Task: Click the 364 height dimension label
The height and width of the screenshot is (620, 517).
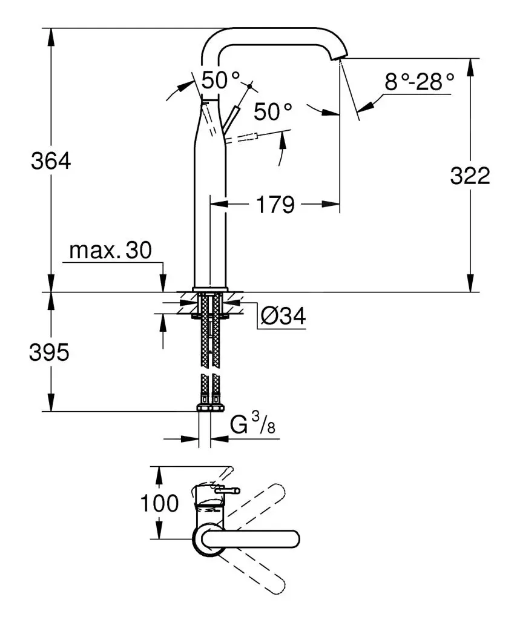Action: [51, 161]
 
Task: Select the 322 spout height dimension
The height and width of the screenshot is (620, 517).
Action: [470, 176]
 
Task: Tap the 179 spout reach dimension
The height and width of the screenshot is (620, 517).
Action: [274, 205]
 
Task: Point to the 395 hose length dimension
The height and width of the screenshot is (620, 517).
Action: [49, 353]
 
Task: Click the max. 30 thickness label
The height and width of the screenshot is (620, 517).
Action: [110, 250]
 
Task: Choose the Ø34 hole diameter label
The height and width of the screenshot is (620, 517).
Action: [283, 315]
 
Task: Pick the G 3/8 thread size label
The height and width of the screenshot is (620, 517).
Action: [253, 426]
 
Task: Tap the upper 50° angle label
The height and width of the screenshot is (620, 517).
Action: [220, 79]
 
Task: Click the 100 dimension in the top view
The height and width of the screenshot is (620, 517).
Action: [159, 503]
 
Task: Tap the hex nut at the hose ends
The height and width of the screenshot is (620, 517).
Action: [209, 408]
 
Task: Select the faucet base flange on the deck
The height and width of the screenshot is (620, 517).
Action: [209, 289]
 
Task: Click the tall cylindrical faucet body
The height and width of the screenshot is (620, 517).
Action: [209, 212]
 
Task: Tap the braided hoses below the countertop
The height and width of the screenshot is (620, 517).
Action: [209, 345]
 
